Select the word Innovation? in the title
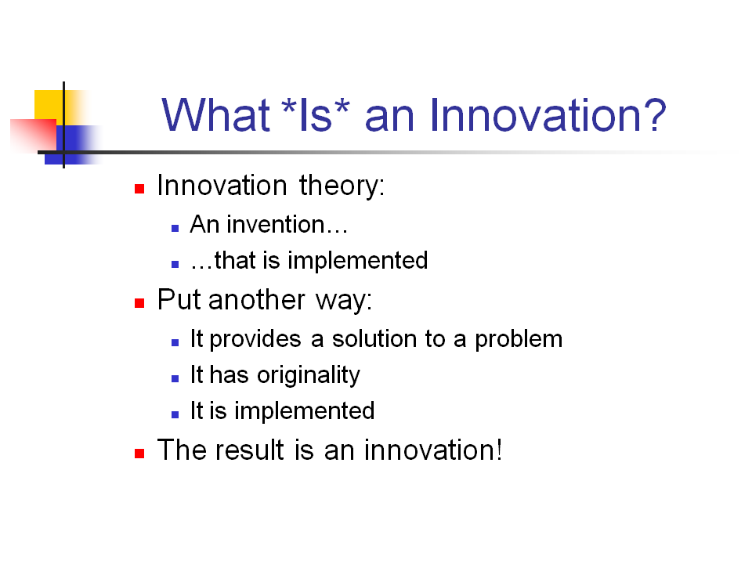pyautogui.click(x=548, y=115)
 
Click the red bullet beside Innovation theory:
pyautogui.click(x=139, y=189)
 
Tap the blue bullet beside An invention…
pyautogui.click(x=175, y=227)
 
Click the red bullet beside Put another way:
pyautogui.click(x=139, y=302)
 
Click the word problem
pyautogui.click(x=519, y=340)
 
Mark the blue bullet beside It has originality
pyautogui.click(x=175, y=378)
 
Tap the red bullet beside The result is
pyautogui.click(x=139, y=453)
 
